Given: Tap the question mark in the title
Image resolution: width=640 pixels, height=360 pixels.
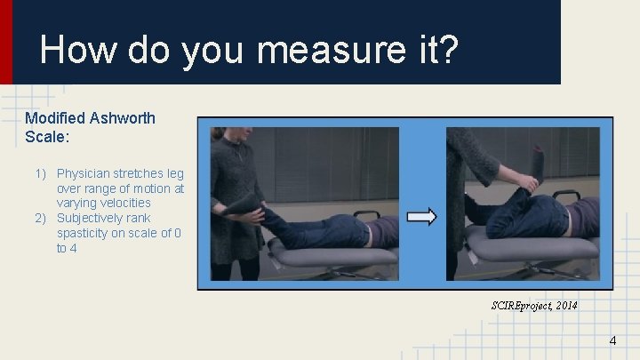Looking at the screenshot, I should pyautogui.click(x=448, y=50).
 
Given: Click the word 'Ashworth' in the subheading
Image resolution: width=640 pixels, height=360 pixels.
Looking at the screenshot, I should pyautogui.click(x=123, y=118).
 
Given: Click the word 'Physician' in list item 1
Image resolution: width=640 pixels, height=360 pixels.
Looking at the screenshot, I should pyautogui.click(x=84, y=173).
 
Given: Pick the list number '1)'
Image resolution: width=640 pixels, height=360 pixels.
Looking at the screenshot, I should pyautogui.click(x=41, y=173).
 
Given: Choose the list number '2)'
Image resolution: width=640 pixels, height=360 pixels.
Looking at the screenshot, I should pyautogui.click(x=41, y=218).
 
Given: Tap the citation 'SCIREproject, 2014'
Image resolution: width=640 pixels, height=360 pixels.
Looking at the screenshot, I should pyautogui.click(x=533, y=305).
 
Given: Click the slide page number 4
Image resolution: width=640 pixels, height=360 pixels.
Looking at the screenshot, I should pyautogui.click(x=612, y=341).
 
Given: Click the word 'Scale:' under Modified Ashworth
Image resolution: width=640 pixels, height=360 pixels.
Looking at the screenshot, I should pyautogui.click(x=44, y=137).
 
